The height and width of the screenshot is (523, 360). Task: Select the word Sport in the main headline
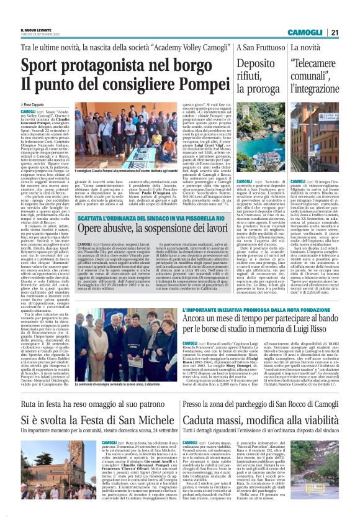click(x=41, y=65)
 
